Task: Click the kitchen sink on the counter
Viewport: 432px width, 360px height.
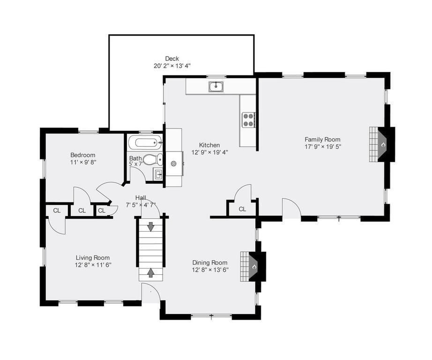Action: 216,86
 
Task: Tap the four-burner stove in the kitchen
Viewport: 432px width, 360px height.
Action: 248,120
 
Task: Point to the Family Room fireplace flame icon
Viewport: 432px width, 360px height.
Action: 383,145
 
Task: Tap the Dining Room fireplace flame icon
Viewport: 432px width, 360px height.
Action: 254,267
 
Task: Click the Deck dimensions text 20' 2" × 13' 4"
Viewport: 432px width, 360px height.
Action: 172,66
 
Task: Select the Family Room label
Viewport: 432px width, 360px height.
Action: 322,139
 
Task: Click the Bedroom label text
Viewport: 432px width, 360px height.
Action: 83,155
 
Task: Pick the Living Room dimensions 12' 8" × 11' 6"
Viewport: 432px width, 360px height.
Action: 93,265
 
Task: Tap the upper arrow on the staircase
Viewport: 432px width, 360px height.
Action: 151,226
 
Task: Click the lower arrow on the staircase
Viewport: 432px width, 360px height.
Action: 151,272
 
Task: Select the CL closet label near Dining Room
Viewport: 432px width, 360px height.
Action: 242,209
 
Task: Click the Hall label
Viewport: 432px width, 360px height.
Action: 141,198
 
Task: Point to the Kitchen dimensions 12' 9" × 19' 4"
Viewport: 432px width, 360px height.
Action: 209,152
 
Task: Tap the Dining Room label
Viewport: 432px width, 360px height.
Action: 210,262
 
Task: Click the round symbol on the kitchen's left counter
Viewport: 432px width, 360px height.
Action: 173,164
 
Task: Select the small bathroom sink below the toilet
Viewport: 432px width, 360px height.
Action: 158,175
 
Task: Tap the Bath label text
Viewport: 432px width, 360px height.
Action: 135,158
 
